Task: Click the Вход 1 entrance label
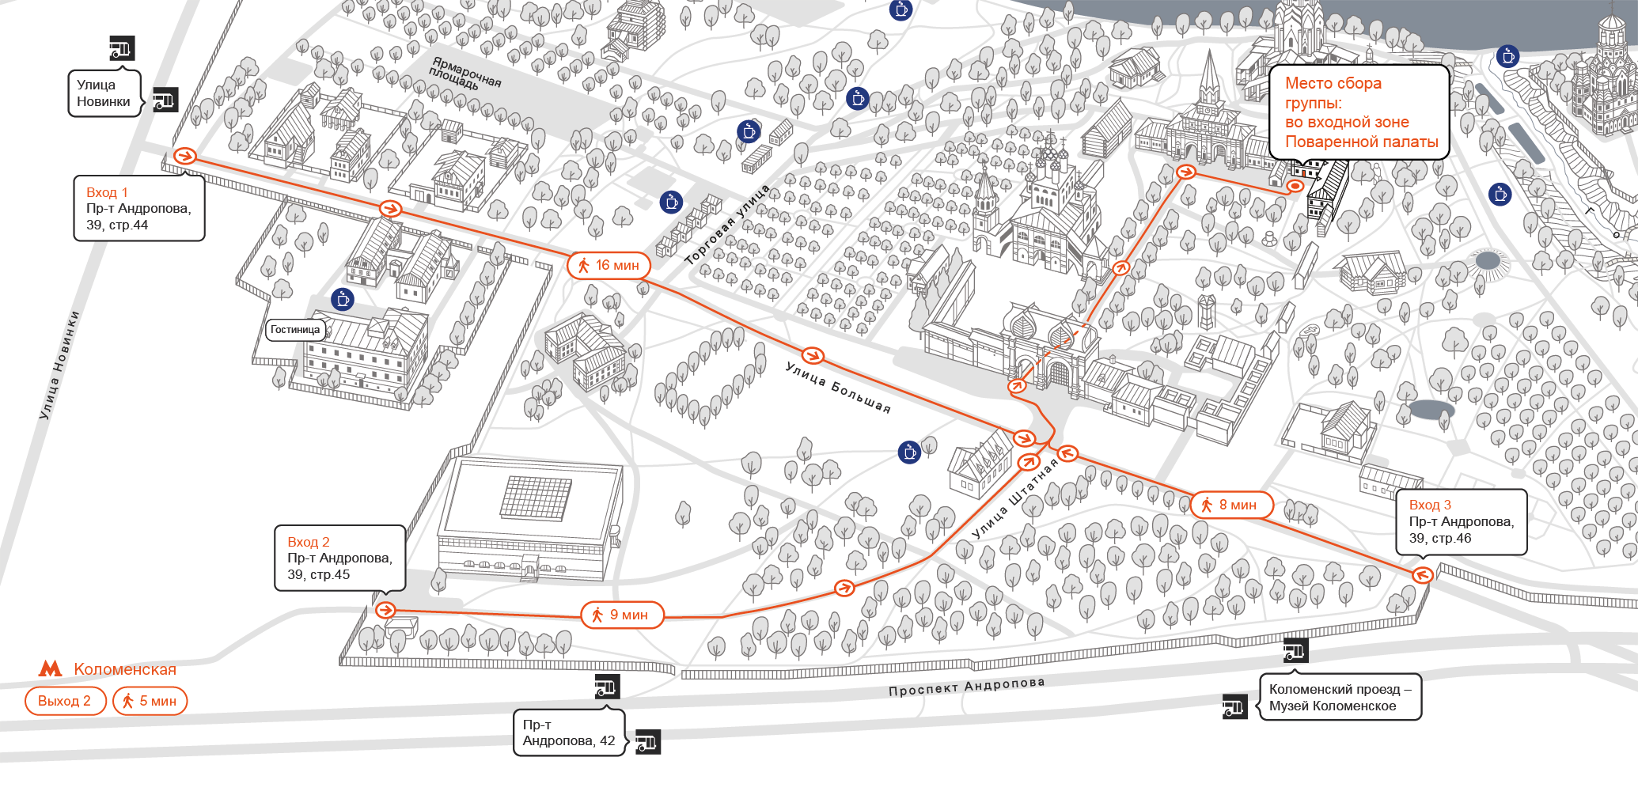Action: [x=139, y=208]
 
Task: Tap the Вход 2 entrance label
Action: [x=340, y=558]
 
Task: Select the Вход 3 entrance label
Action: [x=1462, y=521]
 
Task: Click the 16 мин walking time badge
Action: [x=609, y=265]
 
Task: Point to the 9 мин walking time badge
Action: [x=622, y=615]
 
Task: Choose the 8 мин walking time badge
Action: [x=1232, y=505]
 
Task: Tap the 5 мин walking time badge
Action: [x=150, y=701]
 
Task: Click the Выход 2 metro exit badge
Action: [x=65, y=701]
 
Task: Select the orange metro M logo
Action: [x=51, y=669]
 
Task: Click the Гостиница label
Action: [x=295, y=330]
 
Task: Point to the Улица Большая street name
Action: [x=839, y=388]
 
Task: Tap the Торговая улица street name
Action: [x=726, y=225]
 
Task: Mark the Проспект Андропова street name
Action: [x=966, y=686]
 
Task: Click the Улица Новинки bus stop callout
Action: [x=104, y=93]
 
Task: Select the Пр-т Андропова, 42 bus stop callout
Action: [x=569, y=733]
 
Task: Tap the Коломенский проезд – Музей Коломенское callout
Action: [x=1340, y=697]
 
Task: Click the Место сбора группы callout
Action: [x=1359, y=112]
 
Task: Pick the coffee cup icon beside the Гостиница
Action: [x=343, y=300]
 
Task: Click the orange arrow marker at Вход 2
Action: [x=385, y=610]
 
